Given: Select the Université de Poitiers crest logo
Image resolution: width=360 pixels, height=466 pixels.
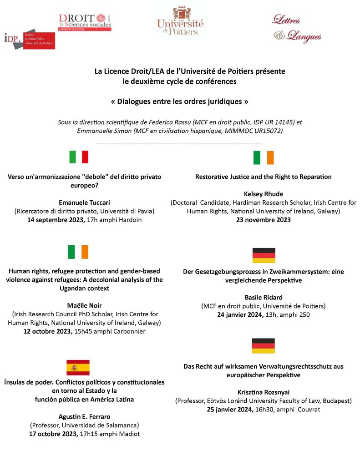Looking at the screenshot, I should [180, 20].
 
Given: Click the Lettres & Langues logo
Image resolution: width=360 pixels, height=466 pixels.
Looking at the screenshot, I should [297, 28].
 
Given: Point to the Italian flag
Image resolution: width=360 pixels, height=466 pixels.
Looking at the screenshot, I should [79, 157].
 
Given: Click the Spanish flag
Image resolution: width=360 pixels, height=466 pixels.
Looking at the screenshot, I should [78, 367].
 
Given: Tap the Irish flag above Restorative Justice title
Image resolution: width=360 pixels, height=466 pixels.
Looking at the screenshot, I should [264, 157].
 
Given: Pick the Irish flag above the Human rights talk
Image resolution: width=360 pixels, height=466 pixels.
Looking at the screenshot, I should [78, 252].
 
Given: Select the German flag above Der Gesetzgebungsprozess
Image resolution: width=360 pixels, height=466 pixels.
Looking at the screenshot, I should [264, 255].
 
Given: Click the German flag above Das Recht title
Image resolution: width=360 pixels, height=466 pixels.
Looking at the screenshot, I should [264, 346].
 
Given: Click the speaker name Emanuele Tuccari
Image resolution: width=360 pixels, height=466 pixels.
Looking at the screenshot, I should [84, 202].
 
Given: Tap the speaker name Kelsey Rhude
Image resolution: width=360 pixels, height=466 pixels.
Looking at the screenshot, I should [264, 194].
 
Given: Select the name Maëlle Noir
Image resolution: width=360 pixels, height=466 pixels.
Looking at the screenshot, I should [84, 306].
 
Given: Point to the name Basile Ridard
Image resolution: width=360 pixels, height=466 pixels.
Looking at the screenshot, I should [264, 297].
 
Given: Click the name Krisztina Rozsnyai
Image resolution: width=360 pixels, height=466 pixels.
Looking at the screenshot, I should [264, 392].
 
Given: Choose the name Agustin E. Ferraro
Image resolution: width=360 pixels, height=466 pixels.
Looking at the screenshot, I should [84, 417].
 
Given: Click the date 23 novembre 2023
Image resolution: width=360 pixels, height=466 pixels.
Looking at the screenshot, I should [264, 220].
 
